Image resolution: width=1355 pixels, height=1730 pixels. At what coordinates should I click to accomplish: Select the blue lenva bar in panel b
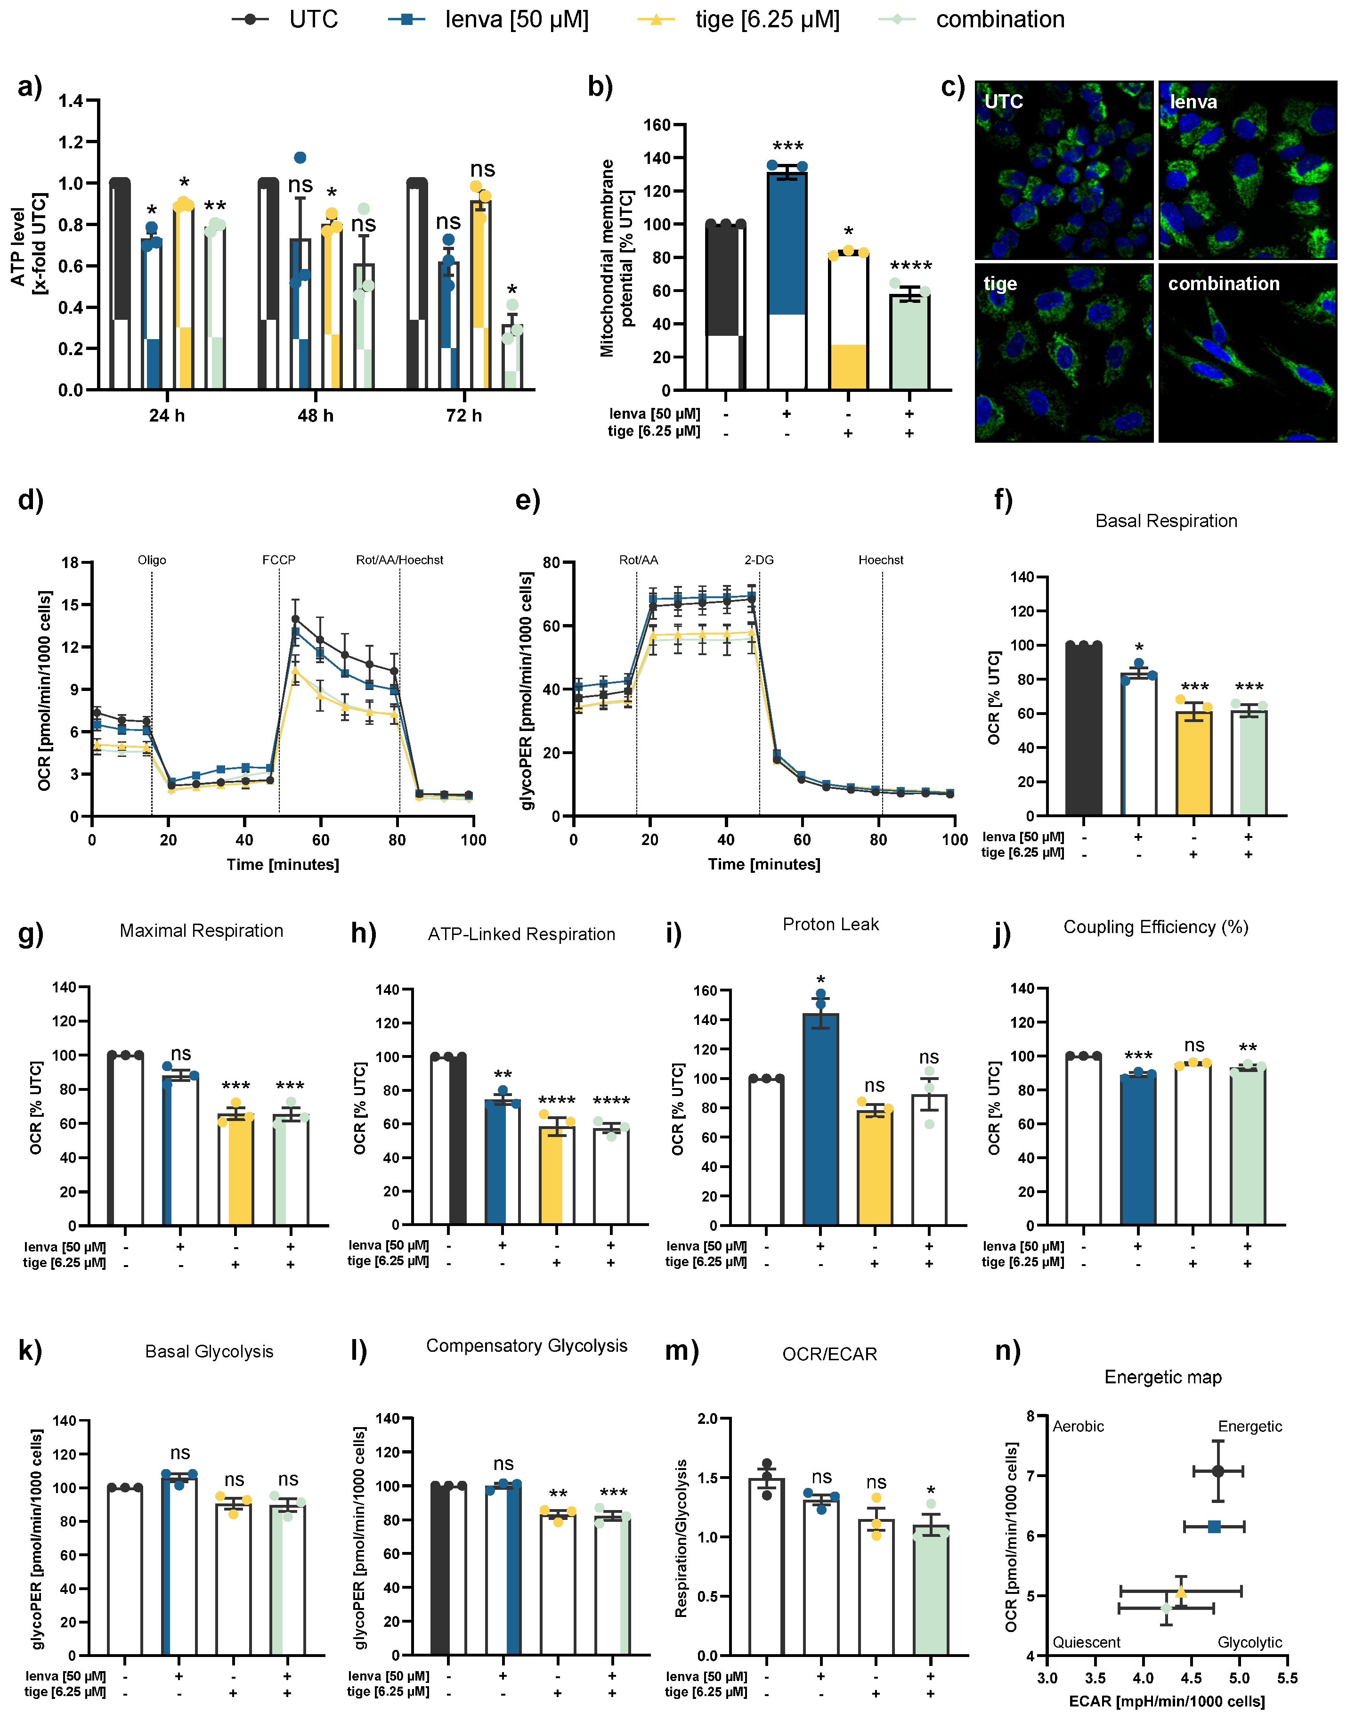pyautogui.click(x=787, y=277)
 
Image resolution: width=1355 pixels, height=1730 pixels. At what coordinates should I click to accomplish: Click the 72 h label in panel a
pyautogui.click(x=464, y=415)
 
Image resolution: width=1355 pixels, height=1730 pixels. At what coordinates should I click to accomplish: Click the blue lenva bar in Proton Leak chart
pyautogui.click(x=820, y=1119)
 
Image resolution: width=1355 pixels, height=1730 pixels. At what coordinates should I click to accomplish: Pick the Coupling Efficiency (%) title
pyautogui.click(x=1155, y=927)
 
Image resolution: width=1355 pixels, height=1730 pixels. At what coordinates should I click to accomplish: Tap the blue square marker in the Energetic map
pyautogui.click(x=1214, y=1527)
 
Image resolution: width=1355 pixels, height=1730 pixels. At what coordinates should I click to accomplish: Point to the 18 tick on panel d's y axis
pyautogui.click(x=71, y=563)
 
